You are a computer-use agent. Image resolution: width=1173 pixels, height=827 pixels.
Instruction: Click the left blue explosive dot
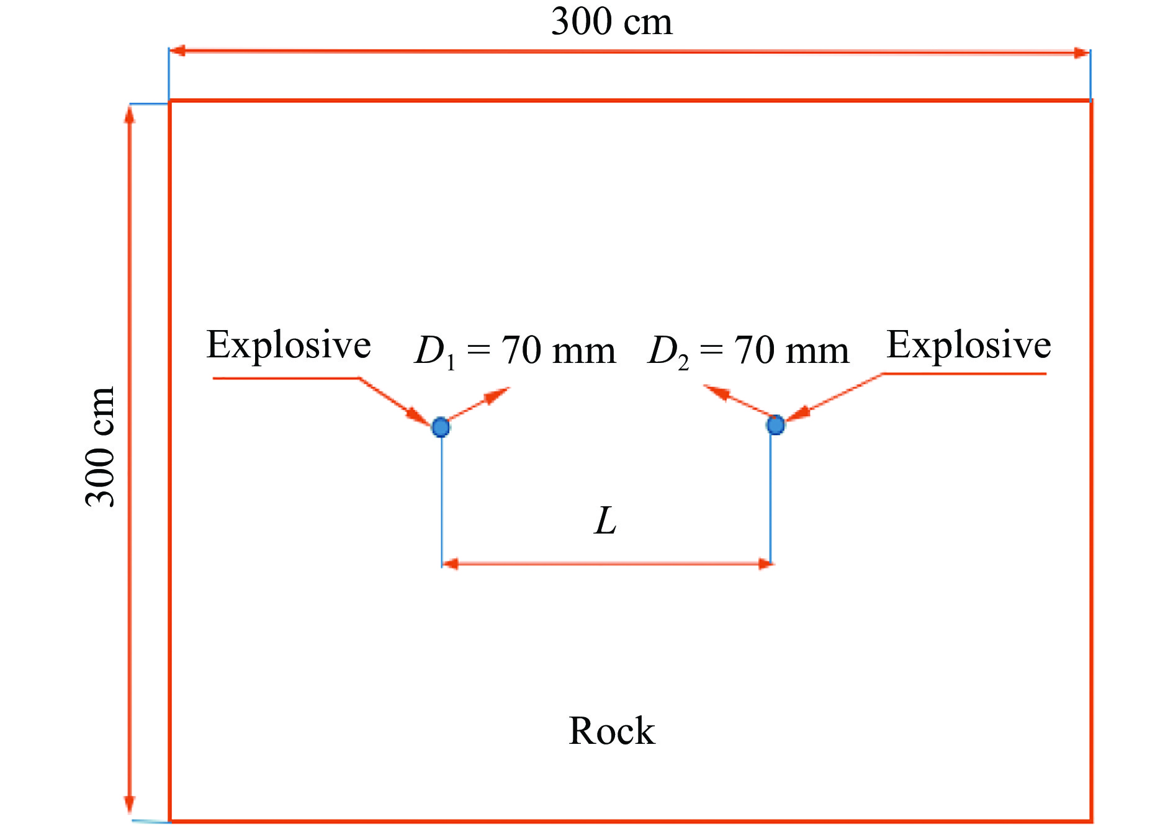441,427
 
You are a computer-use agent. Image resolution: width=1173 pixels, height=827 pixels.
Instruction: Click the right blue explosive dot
775,425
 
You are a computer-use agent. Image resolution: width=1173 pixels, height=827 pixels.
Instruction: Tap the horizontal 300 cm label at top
611,22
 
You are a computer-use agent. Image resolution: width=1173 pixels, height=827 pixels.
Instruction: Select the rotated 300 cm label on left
101,447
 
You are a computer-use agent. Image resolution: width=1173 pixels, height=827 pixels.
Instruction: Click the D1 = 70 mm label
515,351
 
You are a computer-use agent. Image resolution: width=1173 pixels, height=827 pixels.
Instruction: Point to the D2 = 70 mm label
748,351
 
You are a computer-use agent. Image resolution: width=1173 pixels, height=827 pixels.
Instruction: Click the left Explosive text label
289,345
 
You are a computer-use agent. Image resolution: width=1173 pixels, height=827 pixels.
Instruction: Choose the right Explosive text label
969,345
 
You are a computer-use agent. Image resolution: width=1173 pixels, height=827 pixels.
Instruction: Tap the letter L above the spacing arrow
605,521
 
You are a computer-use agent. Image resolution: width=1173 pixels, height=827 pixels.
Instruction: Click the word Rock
611,731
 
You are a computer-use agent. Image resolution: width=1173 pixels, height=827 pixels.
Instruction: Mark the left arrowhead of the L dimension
451,563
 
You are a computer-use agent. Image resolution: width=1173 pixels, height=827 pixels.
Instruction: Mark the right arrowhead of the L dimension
765,563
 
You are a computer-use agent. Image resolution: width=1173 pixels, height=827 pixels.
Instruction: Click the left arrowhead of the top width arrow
178,51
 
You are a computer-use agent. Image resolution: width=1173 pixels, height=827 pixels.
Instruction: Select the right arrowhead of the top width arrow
1081,53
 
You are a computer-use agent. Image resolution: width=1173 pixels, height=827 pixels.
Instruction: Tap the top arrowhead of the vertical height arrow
130,115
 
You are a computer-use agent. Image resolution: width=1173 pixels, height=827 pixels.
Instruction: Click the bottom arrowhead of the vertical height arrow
130,803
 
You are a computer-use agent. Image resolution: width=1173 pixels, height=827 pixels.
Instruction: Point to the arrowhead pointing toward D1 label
498,395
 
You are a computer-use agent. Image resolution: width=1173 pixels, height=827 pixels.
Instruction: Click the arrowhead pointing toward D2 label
716,391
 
